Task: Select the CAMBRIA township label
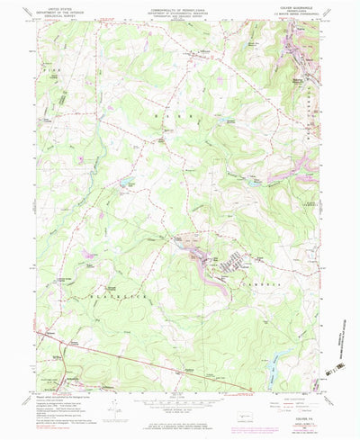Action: coord(258,283)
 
